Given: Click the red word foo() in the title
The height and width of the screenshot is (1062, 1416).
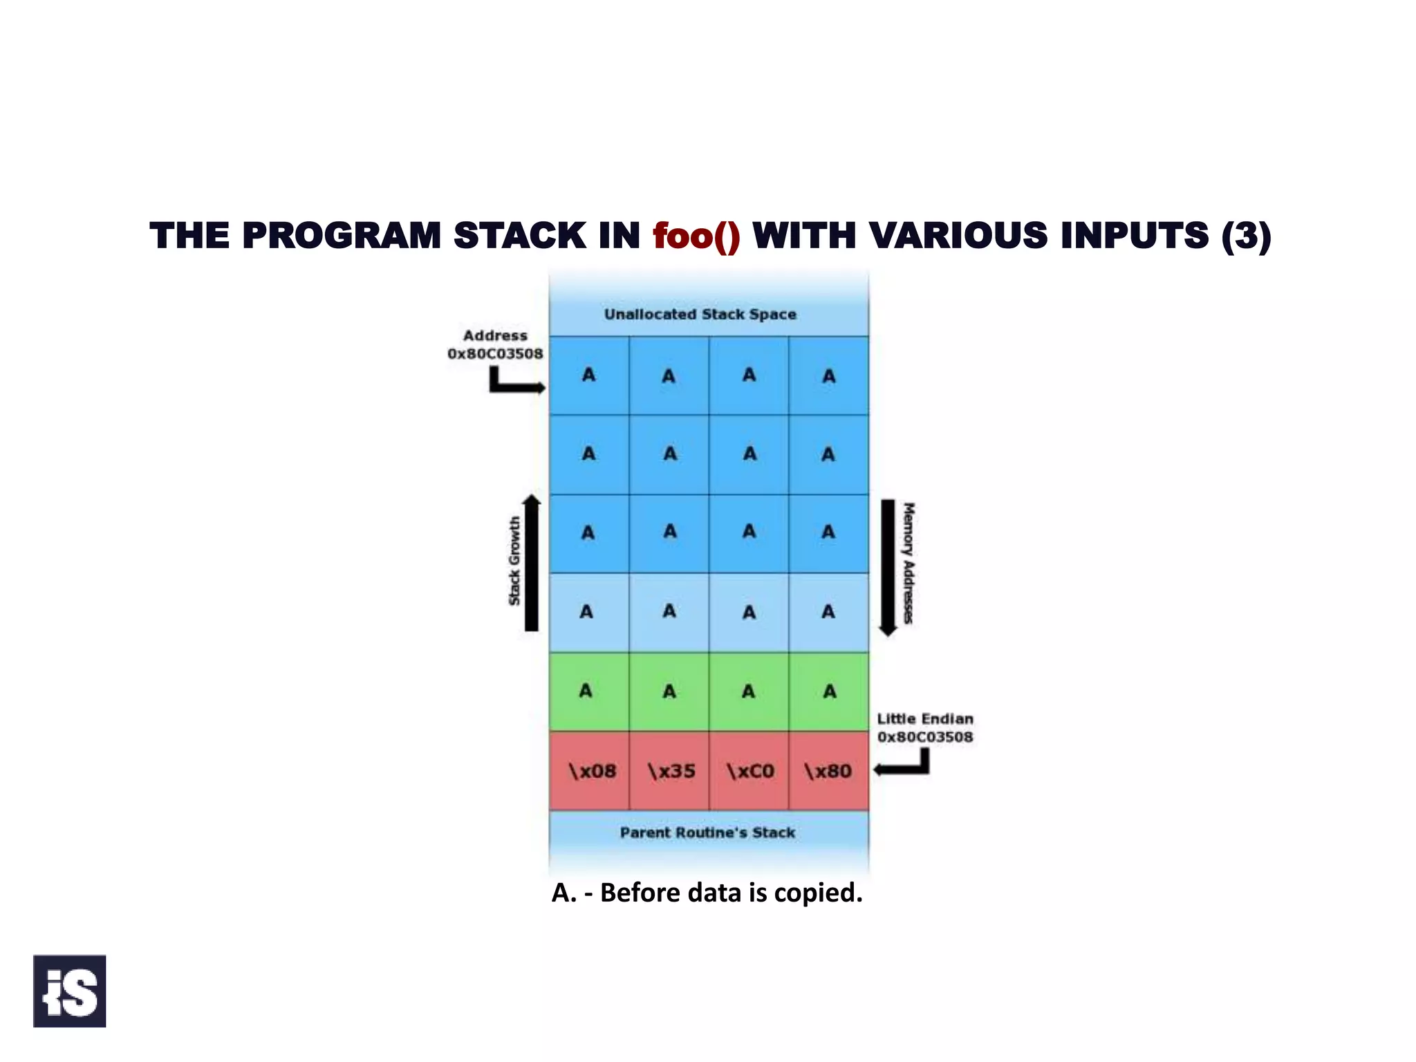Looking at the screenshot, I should click(x=696, y=236).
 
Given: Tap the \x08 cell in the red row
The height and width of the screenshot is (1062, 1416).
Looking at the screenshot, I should click(x=591, y=771).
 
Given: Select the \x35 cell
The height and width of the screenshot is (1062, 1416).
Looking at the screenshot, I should click(x=671, y=771).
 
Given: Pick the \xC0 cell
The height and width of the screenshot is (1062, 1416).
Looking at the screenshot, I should click(x=750, y=771).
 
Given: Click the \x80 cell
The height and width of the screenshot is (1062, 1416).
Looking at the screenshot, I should click(x=828, y=771).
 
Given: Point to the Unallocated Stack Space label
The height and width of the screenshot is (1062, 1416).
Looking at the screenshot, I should click(x=700, y=315).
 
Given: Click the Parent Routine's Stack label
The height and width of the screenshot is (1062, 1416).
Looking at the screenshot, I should click(x=707, y=832).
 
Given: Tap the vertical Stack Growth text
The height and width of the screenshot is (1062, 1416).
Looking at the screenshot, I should click(x=514, y=561).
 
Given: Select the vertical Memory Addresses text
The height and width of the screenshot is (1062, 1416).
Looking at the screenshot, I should click(x=909, y=563).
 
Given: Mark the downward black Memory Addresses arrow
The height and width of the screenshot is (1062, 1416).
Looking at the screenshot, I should click(x=888, y=567).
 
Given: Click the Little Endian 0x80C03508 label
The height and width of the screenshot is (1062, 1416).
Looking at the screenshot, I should click(x=924, y=728).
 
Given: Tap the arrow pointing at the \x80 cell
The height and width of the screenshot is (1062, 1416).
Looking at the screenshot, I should click(x=902, y=766).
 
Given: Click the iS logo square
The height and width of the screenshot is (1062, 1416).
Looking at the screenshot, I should click(x=69, y=991).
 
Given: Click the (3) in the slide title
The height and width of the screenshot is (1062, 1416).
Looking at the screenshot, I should click(x=1245, y=236).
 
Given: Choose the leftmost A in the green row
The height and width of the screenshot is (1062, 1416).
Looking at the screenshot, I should click(x=586, y=691).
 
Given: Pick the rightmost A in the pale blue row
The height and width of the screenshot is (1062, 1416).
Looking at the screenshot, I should click(x=828, y=611).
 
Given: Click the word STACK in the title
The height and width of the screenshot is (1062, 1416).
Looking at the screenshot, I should click(x=519, y=236).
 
